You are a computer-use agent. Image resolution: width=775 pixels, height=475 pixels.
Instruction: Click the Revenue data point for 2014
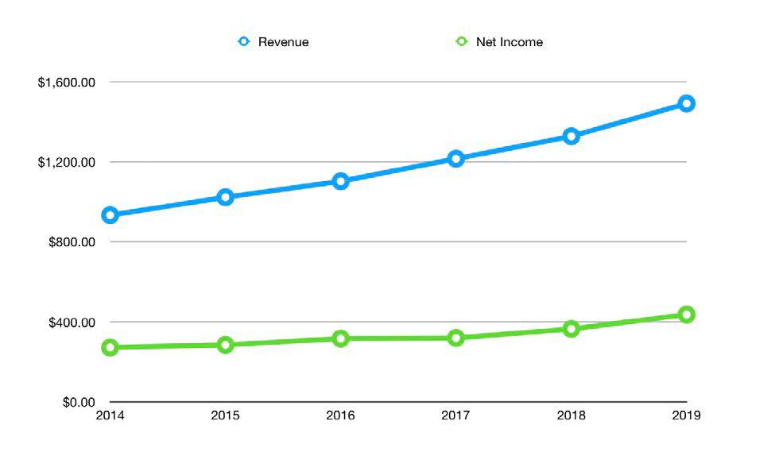point(110,214)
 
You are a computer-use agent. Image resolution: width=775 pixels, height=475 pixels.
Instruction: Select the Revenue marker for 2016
point(340,181)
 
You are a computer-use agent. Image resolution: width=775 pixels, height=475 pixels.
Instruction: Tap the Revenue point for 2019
point(686,103)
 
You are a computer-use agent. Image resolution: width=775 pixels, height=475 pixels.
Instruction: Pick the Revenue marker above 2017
point(455,159)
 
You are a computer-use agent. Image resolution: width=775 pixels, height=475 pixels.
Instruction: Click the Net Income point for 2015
point(225,345)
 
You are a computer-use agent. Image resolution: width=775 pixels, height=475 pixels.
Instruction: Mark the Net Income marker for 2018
point(571,329)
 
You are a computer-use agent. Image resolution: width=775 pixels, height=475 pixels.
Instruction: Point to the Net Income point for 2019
point(686,315)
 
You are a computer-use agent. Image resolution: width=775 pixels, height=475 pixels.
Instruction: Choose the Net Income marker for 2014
point(110,347)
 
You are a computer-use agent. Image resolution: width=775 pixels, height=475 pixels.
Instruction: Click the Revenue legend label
point(283,42)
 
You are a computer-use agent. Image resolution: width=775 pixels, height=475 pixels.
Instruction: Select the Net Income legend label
point(509,42)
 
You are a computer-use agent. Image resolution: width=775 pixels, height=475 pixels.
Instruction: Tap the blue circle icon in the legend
point(244,41)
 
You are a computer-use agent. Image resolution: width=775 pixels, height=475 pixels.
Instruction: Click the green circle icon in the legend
point(462,41)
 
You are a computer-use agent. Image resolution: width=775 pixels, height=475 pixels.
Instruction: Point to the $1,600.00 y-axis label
point(67,83)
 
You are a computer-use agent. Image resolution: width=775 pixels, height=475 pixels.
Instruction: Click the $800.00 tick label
point(72,242)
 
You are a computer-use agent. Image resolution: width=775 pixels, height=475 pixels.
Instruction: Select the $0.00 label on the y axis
point(78,403)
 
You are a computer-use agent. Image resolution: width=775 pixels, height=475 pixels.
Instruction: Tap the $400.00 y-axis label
point(72,322)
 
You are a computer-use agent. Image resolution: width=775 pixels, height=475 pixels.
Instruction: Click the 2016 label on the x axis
point(340,415)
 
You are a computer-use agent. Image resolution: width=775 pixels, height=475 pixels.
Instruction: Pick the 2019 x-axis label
point(686,415)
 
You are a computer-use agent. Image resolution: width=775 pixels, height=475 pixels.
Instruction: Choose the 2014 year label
point(110,415)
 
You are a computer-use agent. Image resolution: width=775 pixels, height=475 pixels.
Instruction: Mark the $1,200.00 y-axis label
point(67,162)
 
